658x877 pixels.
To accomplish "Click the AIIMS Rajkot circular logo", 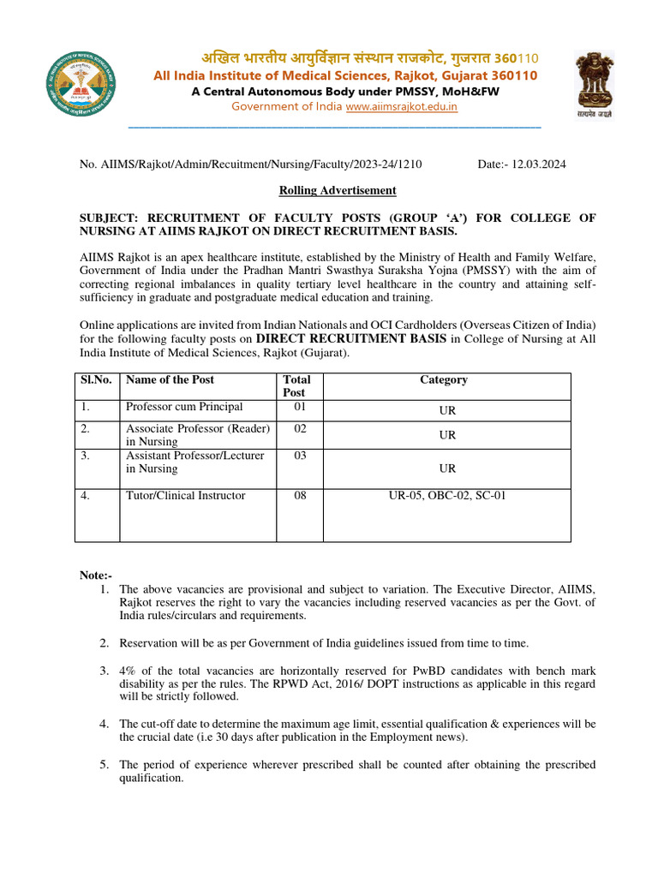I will point(81,83).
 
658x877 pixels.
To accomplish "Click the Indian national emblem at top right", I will point(593,83).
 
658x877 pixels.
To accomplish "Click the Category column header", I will point(443,380).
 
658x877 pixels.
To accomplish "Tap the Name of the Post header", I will point(170,380).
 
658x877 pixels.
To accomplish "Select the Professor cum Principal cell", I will point(184,408).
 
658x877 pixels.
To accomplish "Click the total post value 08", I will point(300,496).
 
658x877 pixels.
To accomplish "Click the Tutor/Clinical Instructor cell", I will point(185,496).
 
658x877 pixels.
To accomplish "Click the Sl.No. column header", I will point(95,380).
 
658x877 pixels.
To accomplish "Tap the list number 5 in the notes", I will point(103,765).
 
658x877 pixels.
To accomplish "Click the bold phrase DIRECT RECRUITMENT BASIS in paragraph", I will point(351,339).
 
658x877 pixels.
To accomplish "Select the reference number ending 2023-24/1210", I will point(250,164).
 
